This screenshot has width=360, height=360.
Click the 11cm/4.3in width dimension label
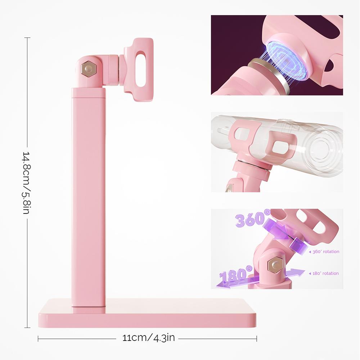tap(148, 338)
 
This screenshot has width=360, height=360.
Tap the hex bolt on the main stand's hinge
tap(88, 68)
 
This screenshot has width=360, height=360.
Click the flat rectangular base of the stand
tap(147, 313)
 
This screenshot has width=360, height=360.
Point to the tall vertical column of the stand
tap(89, 197)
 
